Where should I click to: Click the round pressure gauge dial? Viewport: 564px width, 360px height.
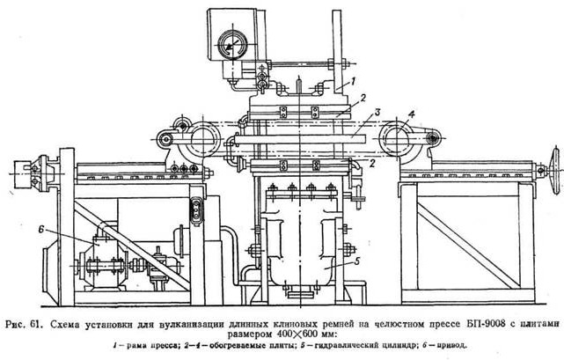[233, 42]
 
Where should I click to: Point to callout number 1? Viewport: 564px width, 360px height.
[352, 80]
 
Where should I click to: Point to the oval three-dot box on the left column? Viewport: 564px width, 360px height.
[196, 209]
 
